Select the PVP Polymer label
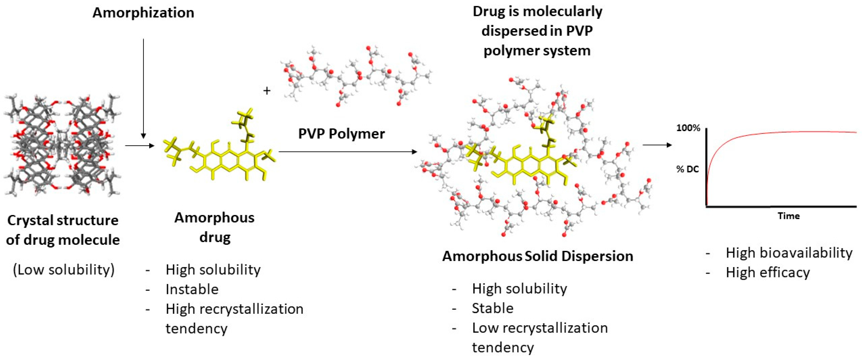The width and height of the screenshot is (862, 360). coord(341,134)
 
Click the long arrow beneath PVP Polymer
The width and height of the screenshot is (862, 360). coord(348,152)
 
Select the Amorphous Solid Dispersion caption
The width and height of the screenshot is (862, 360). coord(537,256)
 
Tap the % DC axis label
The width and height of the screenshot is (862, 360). coord(688,169)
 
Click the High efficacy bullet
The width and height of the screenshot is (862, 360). coord(768,273)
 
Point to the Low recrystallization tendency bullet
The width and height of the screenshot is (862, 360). coord(539,337)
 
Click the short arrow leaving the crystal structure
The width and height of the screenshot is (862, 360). coord(140,146)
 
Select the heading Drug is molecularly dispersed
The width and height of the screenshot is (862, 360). coord(537,31)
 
